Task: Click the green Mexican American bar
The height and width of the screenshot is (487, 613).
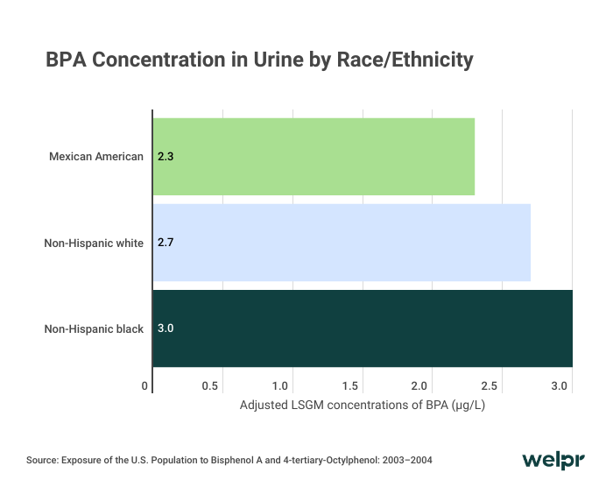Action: [x=314, y=157]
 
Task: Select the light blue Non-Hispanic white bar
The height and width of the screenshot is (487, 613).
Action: [x=342, y=243]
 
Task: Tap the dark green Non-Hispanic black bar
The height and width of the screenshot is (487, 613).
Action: [x=363, y=328]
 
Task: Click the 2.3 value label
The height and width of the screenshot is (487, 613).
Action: [x=166, y=158]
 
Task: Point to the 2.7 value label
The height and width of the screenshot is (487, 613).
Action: [x=166, y=243]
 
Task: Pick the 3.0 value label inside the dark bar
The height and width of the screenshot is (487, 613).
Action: [x=166, y=328]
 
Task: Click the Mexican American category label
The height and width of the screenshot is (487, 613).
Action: [x=96, y=158]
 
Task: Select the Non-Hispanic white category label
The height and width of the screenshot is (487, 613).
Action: [x=94, y=243]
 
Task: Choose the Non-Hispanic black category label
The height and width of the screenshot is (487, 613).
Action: [x=94, y=329]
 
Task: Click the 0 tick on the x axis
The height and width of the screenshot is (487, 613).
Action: [x=144, y=386]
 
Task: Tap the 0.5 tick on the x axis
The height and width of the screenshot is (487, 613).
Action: [x=210, y=386]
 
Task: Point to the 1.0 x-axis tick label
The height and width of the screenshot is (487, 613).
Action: [x=280, y=386]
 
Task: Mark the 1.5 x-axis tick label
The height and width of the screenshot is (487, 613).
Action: [x=350, y=386]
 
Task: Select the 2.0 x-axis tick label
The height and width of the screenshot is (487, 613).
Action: [x=420, y=386]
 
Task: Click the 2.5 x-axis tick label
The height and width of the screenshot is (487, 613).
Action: [x=490, y=386]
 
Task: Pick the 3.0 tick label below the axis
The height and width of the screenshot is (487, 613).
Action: [x=560, y=386]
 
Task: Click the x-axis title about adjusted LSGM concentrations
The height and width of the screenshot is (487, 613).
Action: [x=363, y=406]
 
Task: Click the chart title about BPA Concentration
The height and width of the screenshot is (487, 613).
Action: [x=259, y=60]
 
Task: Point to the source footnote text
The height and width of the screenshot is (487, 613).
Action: [x=229, y=460]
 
